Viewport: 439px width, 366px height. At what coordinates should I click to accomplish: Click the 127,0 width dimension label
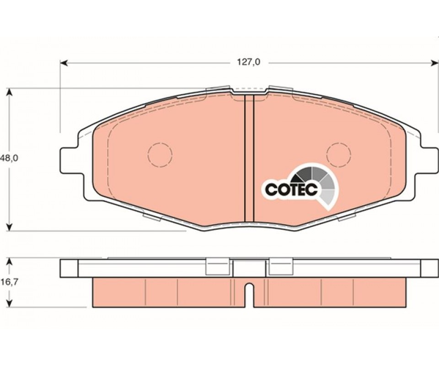click(x=249, y=62)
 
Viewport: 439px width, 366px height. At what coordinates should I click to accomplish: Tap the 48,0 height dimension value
click(x=9, y=158)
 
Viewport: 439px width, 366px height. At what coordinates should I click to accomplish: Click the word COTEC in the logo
click(x=291, y=189)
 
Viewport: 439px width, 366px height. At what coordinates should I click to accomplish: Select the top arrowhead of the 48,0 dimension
click(x=10, y=92)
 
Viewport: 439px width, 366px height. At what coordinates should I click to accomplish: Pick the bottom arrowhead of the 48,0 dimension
click(x=10, y=227)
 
